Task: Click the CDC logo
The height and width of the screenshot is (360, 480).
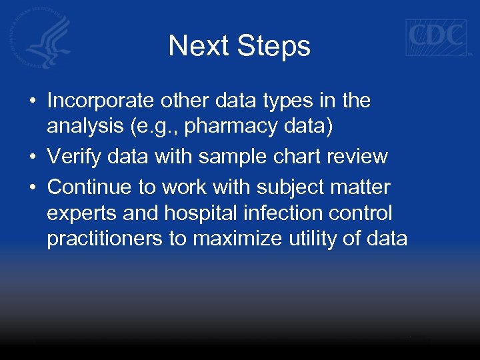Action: [x=437, y=37]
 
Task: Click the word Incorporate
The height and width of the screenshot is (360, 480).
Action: [x=101, y=101]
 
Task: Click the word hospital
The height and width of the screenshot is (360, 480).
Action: [x=199, y=213]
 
